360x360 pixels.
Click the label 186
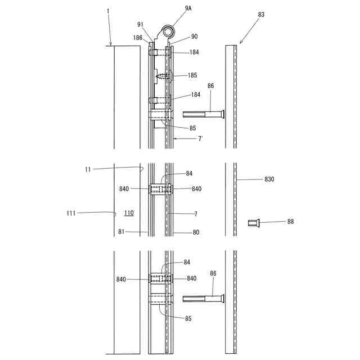(x=138, y=38)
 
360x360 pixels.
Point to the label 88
(x=290, y=222)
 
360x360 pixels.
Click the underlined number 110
(x=129, y=213)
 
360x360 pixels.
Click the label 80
(x=196, y=231)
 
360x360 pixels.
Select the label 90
(x=194, y=37)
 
